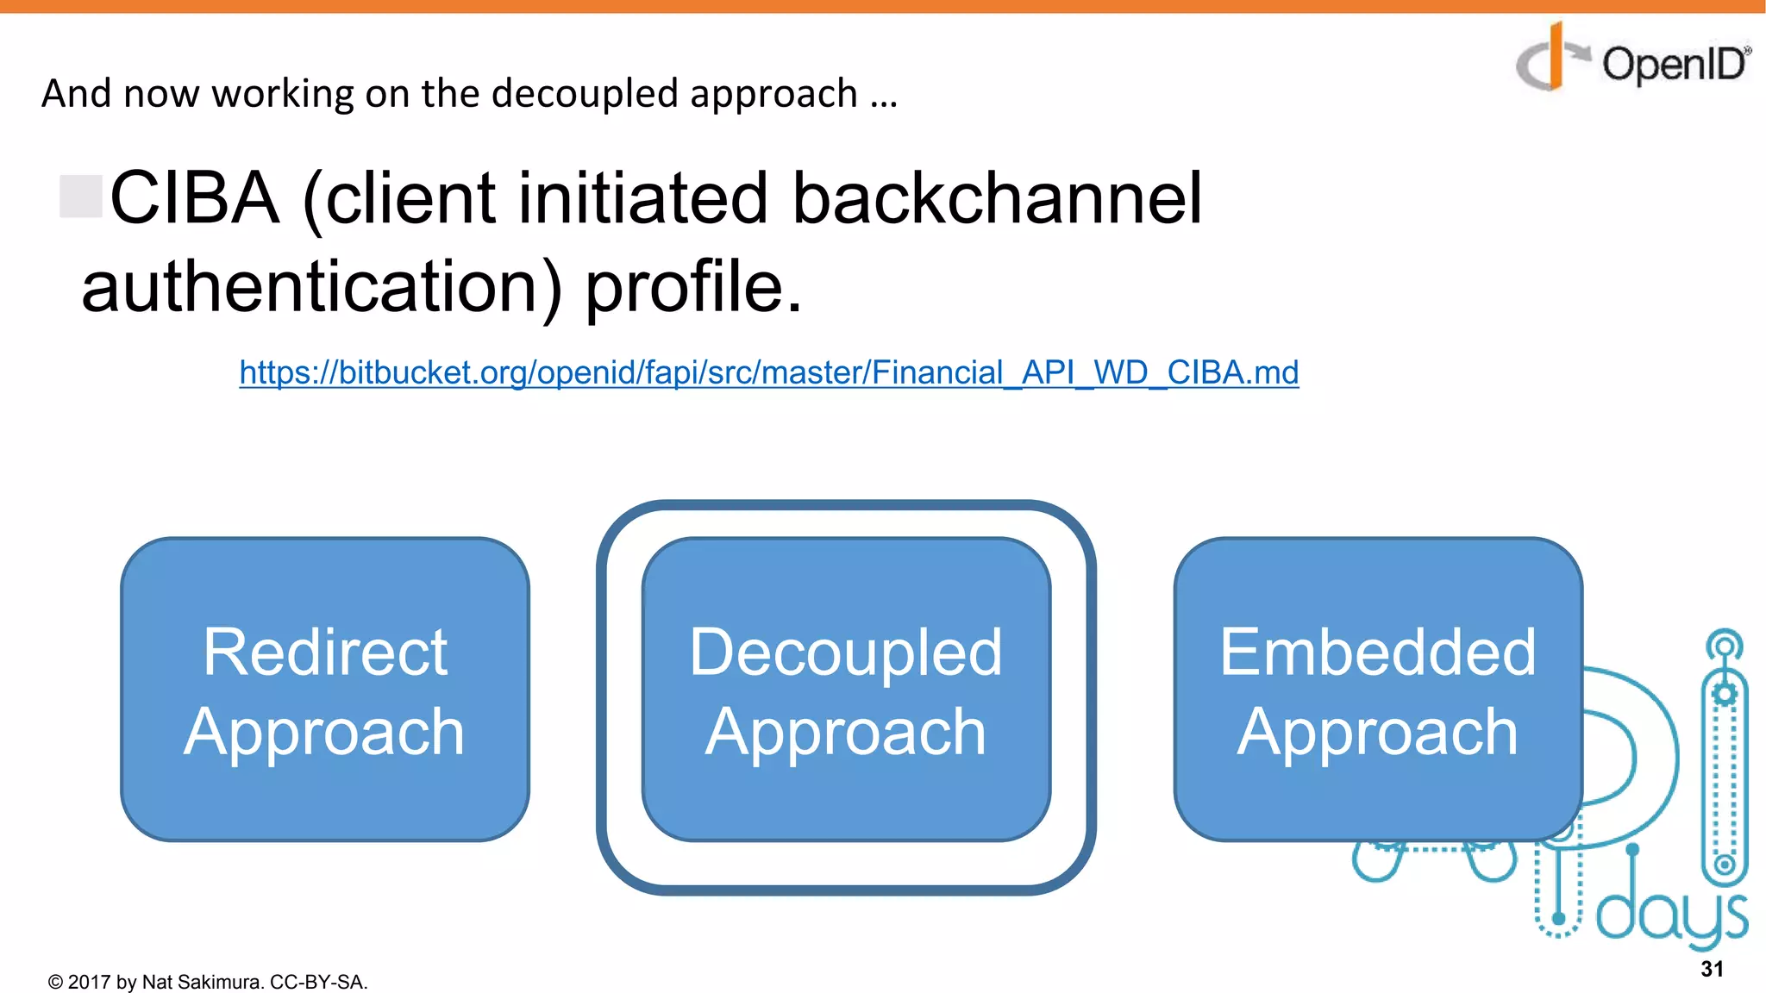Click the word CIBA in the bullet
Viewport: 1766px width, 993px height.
click(x=195, y=198)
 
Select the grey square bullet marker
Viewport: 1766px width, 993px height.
click(x=81, y=196)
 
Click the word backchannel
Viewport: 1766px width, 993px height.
click(x=996, y=198)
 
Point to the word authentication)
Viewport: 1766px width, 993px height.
click(x=322, y=288)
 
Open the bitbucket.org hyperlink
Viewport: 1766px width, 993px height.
click(x=768, y=372)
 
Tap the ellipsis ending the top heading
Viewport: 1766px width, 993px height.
click(x=884, y=97)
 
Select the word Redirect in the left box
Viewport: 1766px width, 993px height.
click(x=325, y=652)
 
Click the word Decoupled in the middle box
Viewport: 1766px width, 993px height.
click(x=846, y=653)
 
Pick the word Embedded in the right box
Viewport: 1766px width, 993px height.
click(x=1377, y=652)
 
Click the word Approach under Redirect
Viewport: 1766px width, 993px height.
click(x=324, y=733)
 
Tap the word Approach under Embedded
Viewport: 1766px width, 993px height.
click(x=1377, y=733)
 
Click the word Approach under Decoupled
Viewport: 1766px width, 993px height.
click(x=846, y=733)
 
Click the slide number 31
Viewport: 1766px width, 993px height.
click(x=1712, y=969)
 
